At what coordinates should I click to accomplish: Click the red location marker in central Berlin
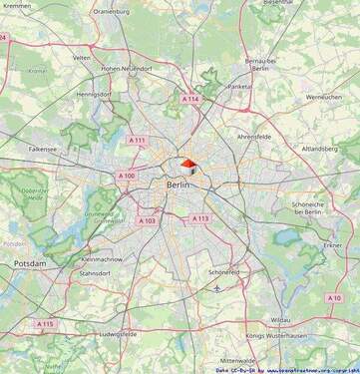tap(188, 167)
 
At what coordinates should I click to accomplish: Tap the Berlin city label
tap(179, 185)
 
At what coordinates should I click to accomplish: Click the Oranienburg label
tap(111, 12)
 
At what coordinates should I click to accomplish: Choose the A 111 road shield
tap(138, 140)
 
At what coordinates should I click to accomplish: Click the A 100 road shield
tap(127, 176)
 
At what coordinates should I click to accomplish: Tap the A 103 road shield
tap(147, 220)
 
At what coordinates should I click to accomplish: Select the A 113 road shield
tap(200, 217)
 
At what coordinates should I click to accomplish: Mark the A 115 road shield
tap(45, 323)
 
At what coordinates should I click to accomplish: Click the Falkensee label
tap(43, 148)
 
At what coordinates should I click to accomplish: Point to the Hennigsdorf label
tap(93, 94)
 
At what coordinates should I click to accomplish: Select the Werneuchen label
tap(324, 97)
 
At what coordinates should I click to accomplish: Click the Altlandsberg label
tap(319, 148)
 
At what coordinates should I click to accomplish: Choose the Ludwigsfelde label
tap(124, 334)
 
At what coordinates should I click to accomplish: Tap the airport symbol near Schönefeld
tap(217, 287)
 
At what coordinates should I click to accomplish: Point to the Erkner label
tap(332, 244)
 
